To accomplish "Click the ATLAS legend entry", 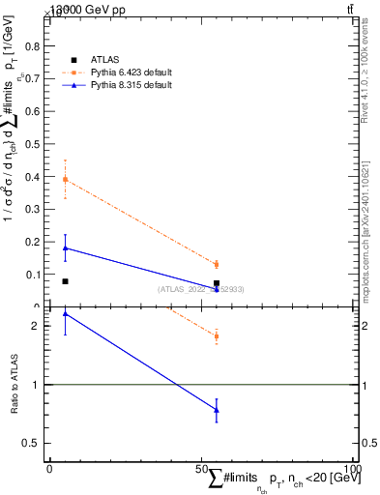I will (x=105, y=59).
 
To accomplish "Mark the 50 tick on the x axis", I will (x=200, y=468).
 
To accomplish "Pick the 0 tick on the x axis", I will (x=49, y=468).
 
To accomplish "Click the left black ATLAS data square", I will (x=65, y=281).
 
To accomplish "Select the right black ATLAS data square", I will (x=217, y=283).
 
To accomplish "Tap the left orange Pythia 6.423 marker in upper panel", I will (x=65, y=180).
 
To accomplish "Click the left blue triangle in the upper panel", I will (x=65, y=247).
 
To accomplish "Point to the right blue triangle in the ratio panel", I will (x=217, y=410).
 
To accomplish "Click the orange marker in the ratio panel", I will (x=217, y=336).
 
